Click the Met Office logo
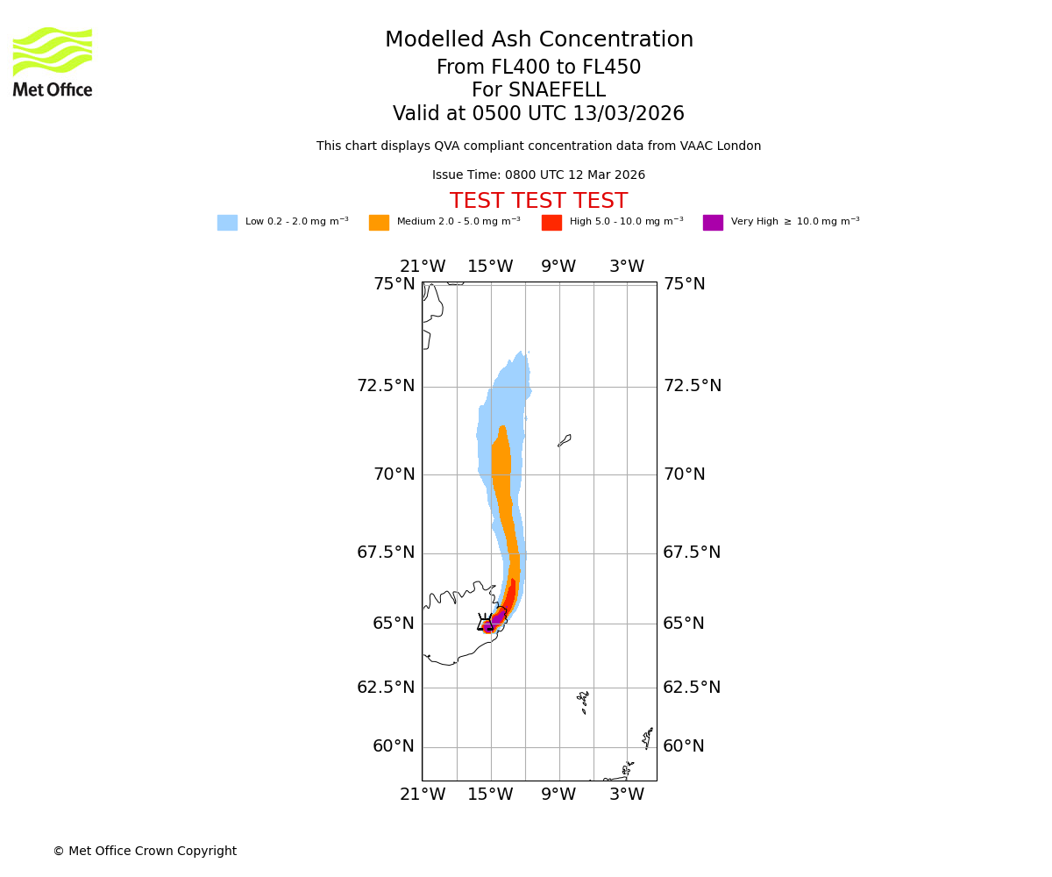coord(53,61)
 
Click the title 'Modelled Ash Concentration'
coord(538,40)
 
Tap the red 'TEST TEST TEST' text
coord(538,202)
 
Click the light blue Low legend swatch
coord(227,223)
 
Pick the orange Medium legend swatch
coord(379,223)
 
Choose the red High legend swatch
coord(551,223)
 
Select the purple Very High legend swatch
coord(713,223)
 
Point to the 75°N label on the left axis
coord(394,284)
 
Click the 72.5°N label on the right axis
coord(692,386)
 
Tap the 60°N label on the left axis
coord(394,746)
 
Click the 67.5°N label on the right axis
coord(692,553)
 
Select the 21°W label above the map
coord(423,267)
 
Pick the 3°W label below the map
coord(627,795)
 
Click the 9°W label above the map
coord(558,267)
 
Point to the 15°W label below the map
coord(490,795)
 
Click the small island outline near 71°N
coord(565,440)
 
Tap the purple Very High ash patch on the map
coord(496,619)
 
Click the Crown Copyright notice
coord(145,852)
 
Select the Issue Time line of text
coord(538,175)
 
